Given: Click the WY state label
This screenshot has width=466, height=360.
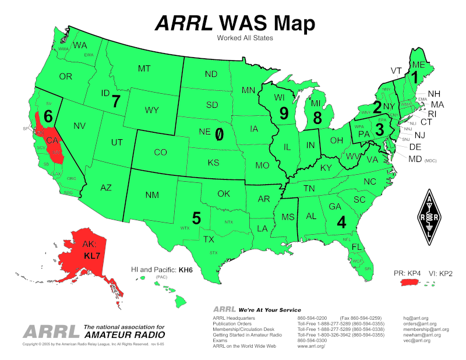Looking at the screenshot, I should coord(152,110).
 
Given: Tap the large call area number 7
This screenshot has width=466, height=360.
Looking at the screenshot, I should coord(116,101).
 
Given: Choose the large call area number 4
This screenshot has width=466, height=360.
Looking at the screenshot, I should coord(341,222).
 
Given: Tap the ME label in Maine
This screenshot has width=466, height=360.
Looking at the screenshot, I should coord(418,65).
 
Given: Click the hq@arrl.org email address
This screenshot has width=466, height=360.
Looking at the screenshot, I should coord(417,318).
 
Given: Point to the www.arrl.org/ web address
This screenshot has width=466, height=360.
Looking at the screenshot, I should coord(311,347).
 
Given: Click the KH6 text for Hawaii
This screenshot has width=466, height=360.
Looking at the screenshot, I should coord(185,271).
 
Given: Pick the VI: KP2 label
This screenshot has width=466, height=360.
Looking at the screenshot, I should coord(438,272).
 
